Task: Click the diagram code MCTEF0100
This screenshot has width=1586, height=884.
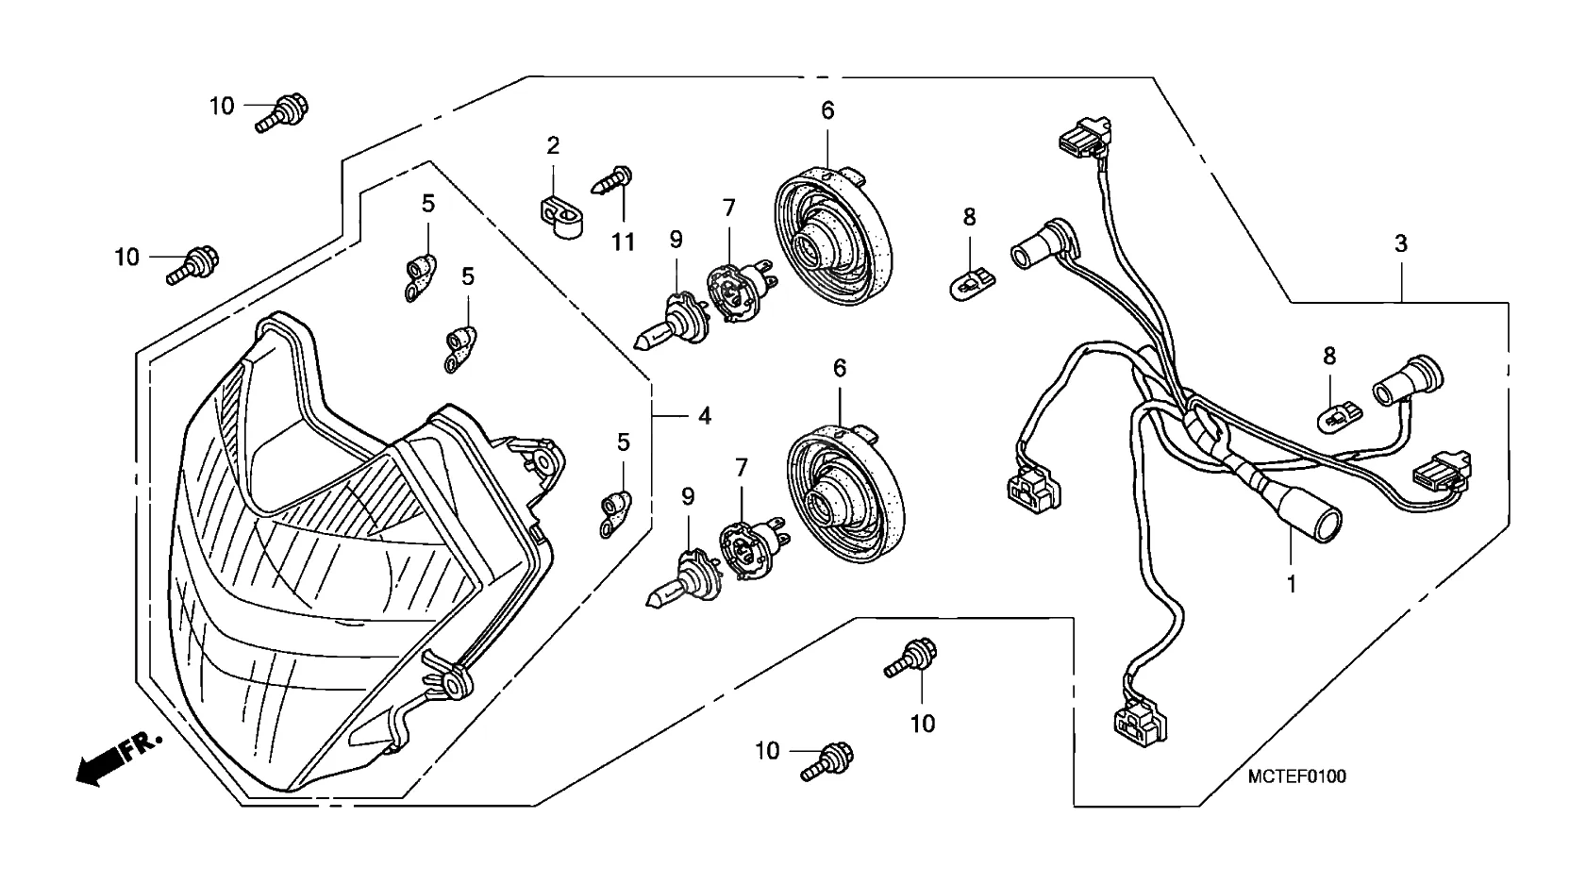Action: pos(1296,776)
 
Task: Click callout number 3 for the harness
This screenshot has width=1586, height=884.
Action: pos(1401,243)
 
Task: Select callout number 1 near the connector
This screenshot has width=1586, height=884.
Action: pos(1291,584)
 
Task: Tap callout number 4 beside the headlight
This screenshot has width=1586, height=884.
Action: pos(704,415)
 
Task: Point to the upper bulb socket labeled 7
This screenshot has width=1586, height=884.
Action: pos(739,280)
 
